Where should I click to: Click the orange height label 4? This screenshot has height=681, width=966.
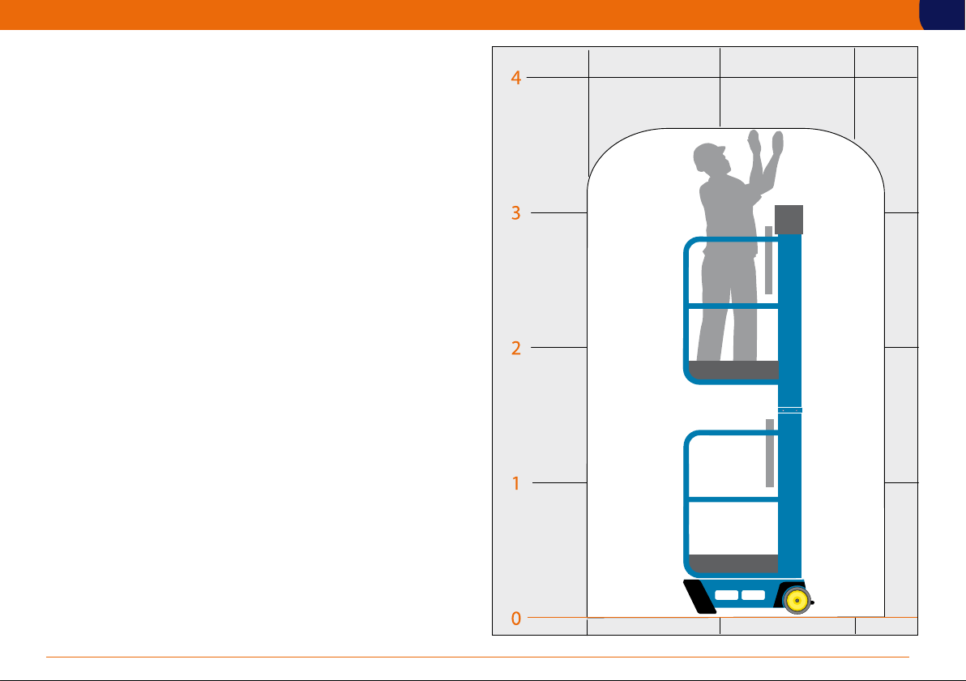pyautogui.click(x=515, y=78)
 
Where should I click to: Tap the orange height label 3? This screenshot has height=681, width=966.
pyautogui.click(x=515, y=213)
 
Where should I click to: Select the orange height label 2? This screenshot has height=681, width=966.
pyautogui.click(x=515, y=349)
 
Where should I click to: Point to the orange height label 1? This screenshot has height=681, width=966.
pyautogui.click(x=516, y=483)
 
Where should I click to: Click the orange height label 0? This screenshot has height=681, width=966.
pyautogui.click(x=515, y=618)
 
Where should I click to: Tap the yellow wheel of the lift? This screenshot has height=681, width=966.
pyautogui.click(x=797, y=600)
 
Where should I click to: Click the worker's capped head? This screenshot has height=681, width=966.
pyautogui.click(x=708, y=158)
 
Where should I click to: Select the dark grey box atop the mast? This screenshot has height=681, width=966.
pyautogui.click(x=789, y=220)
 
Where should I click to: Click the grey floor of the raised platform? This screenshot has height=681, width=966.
pyautogui.click(x=733, y=370)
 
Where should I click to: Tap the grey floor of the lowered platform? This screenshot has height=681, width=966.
pyautogui.click(x=733, y=563)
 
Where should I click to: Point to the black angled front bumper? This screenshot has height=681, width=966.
pyautogui.click(x=699, y=597)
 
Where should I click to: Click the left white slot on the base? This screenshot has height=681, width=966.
pyautogui.click(x=726, y=595)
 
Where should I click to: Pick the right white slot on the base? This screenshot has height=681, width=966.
pyautogui.click(x=753, y=595)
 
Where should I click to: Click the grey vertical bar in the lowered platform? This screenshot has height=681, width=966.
pyautogui.click(x=769, y=453)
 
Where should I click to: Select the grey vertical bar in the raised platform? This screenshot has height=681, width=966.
pyautogui.click(x=768, y=260)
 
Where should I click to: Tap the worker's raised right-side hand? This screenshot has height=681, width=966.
pyautogui.click(x=778, y=143)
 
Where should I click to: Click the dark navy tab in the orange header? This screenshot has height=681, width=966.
pyautogui.click(x=942, y=15)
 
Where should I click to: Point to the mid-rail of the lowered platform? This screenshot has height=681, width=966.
pyautogui.click(x=733, y=499)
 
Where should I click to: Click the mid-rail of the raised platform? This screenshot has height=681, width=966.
pyautogui.click(x=733, y=306)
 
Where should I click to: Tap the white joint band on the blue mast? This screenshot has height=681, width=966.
pyautogui.click(x=790, y=410)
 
